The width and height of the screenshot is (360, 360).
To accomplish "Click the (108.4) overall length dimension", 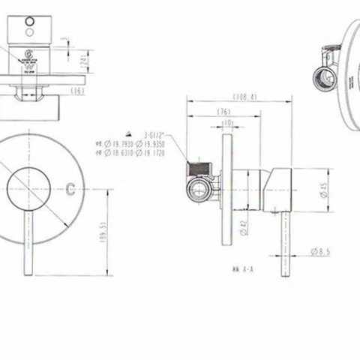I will pyautogui.click(x=219, y=97).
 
